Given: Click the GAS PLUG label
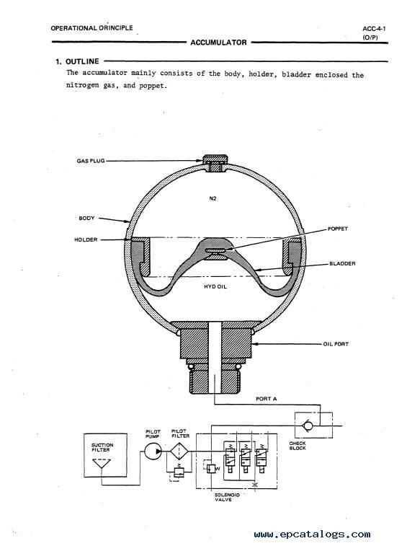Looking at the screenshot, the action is click(91, 161).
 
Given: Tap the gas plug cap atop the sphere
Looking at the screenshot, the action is click(215, 159).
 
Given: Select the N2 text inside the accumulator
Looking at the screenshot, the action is click(213, 198).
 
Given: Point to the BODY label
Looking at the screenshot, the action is click(86, 219).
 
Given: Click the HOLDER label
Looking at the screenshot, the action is click(86, 239).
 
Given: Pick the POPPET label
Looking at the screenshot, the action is click(338, 229).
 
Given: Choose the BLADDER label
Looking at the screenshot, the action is click(342, 263).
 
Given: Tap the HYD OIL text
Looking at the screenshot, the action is click(215, 286).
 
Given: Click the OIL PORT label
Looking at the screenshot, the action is click(336, 344).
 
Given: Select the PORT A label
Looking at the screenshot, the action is click(267, 399).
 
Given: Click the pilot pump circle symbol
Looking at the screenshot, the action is click(153, 452).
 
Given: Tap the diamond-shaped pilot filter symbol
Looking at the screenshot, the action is click(179, 452).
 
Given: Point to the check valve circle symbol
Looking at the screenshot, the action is click(307, 426).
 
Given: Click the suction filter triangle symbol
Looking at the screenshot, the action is click(102, 464).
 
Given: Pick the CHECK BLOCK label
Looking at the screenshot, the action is click(298, 446).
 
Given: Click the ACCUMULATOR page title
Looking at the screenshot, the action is click(218, 43).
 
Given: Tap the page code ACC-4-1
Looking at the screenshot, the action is click(374, 29).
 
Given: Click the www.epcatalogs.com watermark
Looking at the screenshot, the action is click(312, 534).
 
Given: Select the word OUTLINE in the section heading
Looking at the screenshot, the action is click(82, 61).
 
